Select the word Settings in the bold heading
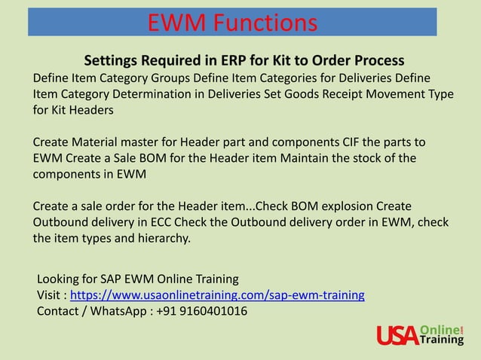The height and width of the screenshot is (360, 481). point(112,60)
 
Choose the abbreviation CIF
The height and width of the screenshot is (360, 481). point(351,142)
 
